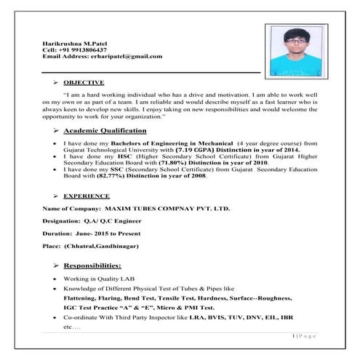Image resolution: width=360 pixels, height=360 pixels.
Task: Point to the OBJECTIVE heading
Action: pos(84,82)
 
